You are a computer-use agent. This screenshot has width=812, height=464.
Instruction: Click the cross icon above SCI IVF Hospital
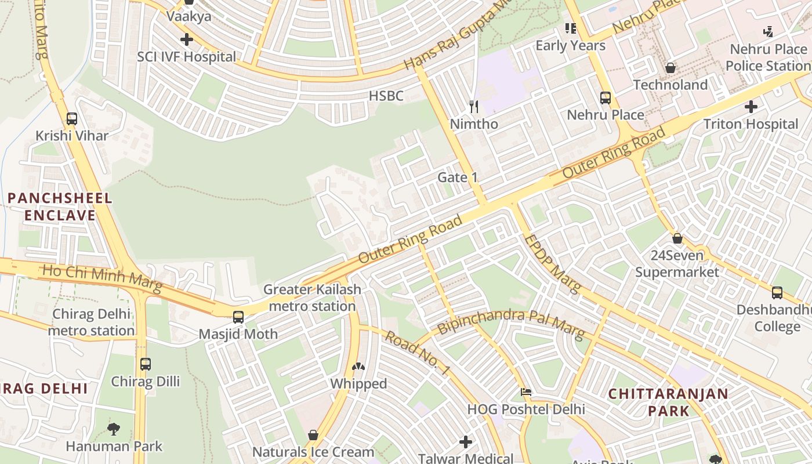(x=186, y=39)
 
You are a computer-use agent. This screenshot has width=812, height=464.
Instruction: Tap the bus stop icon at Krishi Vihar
(x=72, y=118)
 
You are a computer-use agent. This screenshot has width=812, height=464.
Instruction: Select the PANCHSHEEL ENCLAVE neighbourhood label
(x=60, y=206)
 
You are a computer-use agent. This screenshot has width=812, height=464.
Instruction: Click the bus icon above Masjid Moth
(x=238, y=317)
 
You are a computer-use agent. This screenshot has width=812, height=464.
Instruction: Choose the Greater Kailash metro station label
(x=312, y=298)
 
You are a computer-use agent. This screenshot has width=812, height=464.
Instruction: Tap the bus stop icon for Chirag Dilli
(x=145, y=364)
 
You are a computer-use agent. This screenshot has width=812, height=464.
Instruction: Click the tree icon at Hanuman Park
(x=114, y=429)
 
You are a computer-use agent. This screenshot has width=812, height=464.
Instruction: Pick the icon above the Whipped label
(x=358, y=367)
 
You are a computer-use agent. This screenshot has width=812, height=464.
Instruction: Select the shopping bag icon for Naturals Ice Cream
(x=313, y=434)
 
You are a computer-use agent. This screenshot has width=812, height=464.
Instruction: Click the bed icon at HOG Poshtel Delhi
(x=526, y=392)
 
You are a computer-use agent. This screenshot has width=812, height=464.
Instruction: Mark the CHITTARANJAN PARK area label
(x=668, y=402)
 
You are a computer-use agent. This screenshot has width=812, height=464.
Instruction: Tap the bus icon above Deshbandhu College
(x=777, y=292)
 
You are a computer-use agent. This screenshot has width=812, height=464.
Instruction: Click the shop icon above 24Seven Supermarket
(x=677, y=238)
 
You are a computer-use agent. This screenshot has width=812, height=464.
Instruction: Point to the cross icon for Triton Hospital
(x=751, y=107)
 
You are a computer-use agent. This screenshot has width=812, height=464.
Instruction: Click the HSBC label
(x=386, y=96)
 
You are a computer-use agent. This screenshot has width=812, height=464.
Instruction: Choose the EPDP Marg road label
(x=552, y=264)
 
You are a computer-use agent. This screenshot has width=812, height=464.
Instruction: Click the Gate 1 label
(x=458, y=177)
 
